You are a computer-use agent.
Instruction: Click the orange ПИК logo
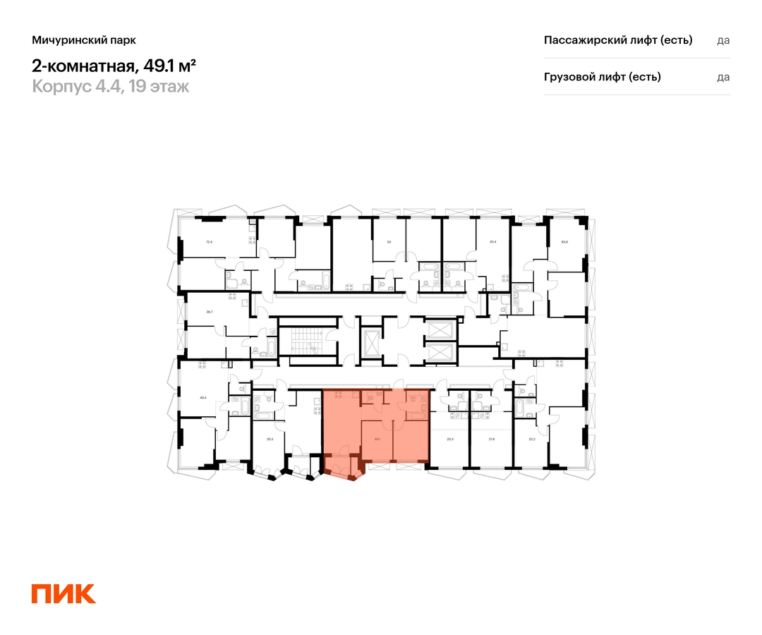(64, 593)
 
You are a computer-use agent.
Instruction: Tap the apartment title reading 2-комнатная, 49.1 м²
(114, 66)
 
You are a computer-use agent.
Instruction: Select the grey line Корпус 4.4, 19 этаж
(110, 87)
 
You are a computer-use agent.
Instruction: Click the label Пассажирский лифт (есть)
(618, 40)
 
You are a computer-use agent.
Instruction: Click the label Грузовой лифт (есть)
(602, 77)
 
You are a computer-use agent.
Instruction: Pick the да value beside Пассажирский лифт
(723, 40)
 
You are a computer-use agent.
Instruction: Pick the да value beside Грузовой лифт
(723, 77)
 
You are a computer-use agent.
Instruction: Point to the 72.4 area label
(208, 242)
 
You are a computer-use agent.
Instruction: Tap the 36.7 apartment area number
(209, 311)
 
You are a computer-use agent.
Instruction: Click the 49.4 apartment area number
(204, 397)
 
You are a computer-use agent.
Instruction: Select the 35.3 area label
(270, 439)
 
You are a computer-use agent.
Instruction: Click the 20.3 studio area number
(450, 439)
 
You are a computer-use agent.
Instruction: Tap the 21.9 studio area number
(492, 439)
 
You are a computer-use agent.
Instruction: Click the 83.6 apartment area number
(564, 242)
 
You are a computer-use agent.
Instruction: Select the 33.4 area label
(492, 242)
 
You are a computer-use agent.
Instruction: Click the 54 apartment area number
(389, 242)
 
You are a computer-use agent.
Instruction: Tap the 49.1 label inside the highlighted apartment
(377, 439)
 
